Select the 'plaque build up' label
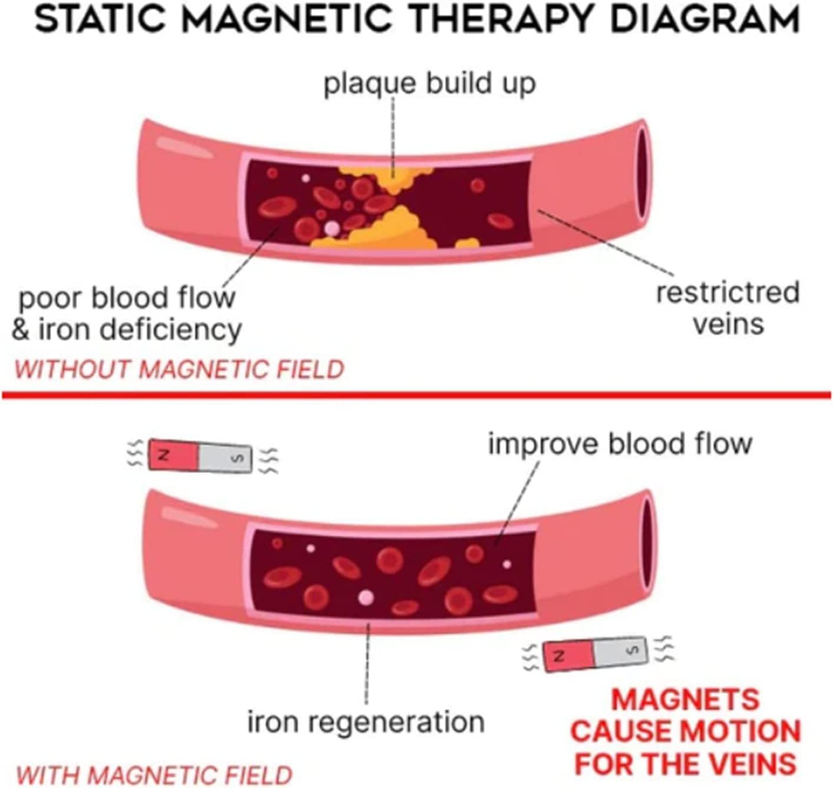tap(429, 83)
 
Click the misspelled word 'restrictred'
tap(728, 292)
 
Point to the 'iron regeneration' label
tap(366, 721)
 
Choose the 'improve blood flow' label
tap(620, 443)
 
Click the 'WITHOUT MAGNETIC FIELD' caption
tap(178, 370)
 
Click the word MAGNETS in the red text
tap(685, 700)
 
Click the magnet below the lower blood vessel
tap(596, 653)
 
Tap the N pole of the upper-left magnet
tap(173, 454)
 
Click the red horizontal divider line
tap(416, 394)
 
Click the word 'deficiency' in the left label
tap(170, 330)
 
